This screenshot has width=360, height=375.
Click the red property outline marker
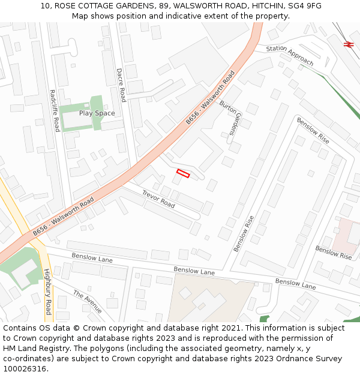(183, 173)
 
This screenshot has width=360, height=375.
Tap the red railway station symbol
(349, 44)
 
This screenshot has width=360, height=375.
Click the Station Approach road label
(289, 55)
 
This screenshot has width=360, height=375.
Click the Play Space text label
(97, 113)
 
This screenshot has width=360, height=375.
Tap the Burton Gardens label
(230, 118)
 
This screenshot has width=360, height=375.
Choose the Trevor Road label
(158, 199)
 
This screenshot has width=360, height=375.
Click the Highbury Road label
(47, 292)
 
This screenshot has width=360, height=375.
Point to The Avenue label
(88, 301)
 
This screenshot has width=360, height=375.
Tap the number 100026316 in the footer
(24, 369)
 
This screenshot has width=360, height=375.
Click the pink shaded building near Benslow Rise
(347, 235)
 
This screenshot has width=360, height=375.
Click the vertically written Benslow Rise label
(242, 233)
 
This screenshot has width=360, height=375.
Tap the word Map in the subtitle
(81, 16)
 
